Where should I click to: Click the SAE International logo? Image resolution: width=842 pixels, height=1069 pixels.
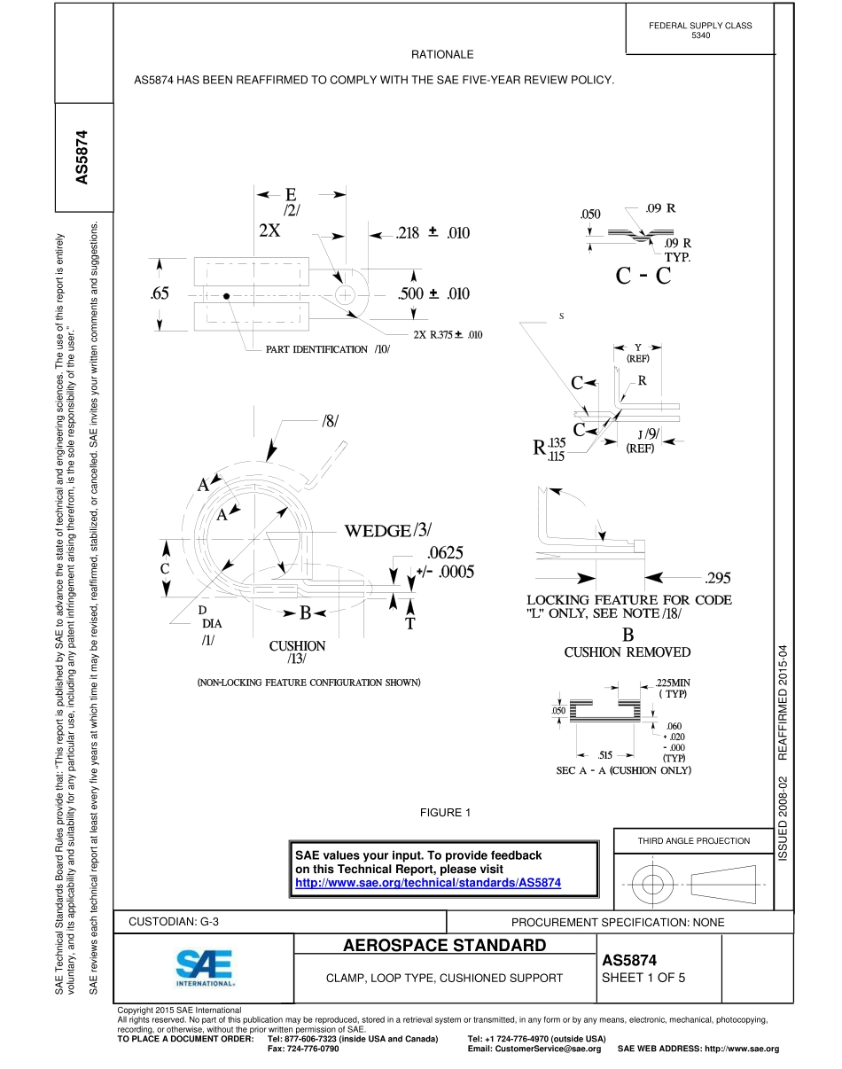(x=204, y=969)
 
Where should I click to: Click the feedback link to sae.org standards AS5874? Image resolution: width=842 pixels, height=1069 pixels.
(x=427, y=883)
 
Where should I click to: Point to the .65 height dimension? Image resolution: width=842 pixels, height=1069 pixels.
(x=160, y=294)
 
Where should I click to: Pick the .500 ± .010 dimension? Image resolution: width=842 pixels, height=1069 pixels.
(x=433, y=294)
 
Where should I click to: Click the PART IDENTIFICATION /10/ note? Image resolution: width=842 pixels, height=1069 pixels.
(x=328, y=349)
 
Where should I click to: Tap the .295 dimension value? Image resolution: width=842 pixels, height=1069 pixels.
(x=717, y=579)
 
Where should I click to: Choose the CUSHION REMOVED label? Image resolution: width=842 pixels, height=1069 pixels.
(x=628, y=652)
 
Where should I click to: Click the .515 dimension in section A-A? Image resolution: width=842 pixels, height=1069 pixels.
(x=604, y=754)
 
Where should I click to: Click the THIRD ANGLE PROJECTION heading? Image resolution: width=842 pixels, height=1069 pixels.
(x=694, y=840)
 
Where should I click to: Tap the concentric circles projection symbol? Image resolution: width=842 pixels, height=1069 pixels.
(x=652, y=884)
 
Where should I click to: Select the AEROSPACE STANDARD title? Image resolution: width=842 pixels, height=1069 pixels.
(x=445, y=945)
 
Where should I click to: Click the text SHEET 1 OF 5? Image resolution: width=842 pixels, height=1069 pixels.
(x=643, y=979)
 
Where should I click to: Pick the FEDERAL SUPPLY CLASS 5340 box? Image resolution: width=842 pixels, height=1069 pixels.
(x=700, y=30)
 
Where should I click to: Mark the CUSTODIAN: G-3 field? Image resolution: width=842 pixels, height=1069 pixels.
(x=174, y=922)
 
